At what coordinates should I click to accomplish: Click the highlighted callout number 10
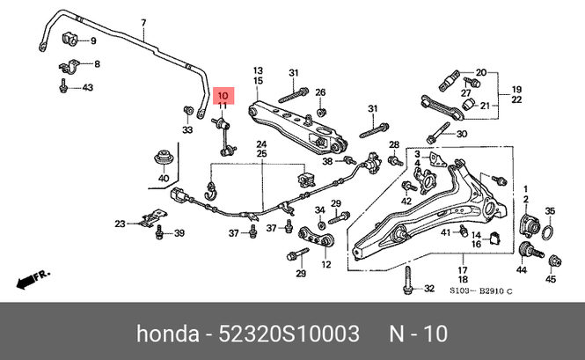223,95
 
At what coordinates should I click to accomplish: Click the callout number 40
163,180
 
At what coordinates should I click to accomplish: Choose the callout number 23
121,224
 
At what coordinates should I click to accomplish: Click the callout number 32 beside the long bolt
429,289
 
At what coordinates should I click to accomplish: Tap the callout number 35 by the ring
551,210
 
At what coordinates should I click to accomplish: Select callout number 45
551,280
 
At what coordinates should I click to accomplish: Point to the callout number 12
326,264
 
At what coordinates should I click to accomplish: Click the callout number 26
321,92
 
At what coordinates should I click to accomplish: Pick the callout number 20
480,72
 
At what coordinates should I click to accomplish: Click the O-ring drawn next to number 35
546,233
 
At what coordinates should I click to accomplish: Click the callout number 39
179,233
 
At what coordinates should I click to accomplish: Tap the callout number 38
326,161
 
